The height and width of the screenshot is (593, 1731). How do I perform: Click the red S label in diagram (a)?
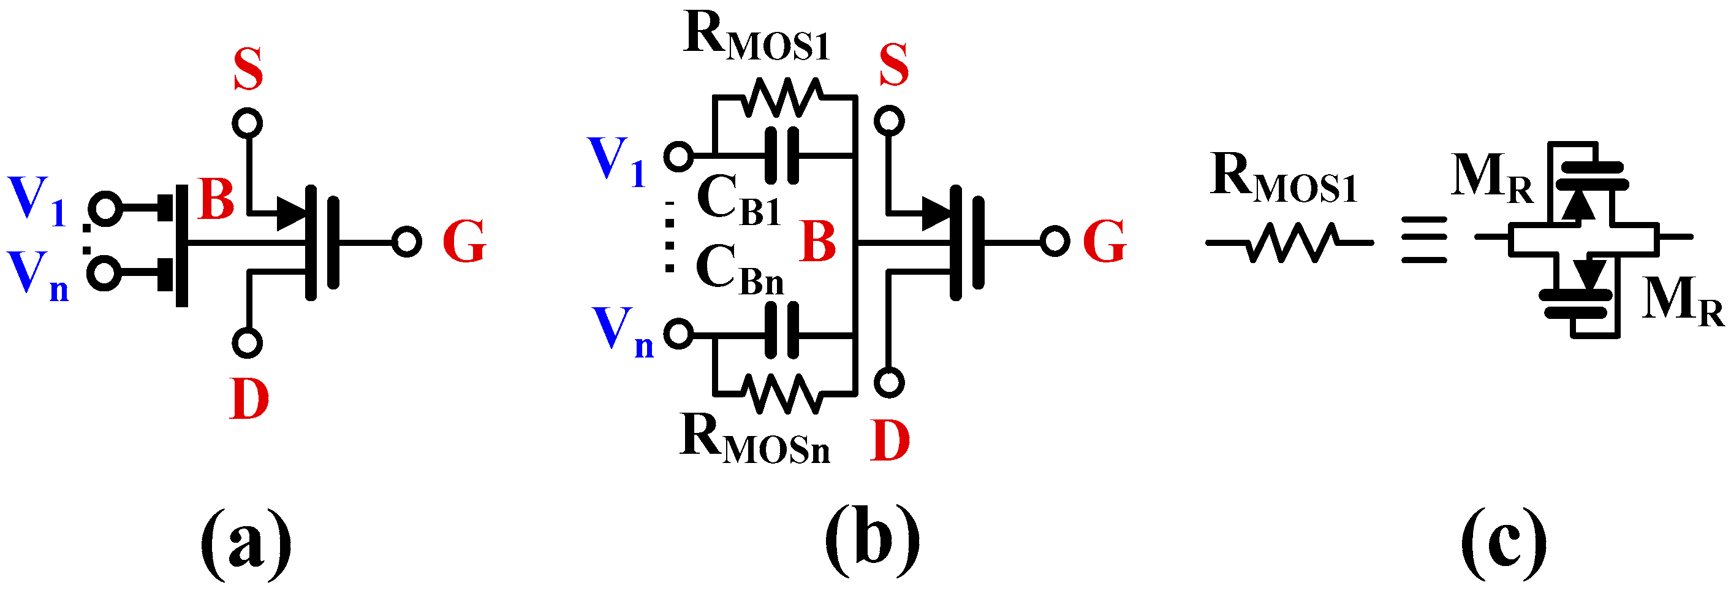pos(248,70)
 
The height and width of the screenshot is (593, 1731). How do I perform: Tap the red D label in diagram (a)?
pos(249,399)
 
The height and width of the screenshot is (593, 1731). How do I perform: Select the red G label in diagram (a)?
pos(464,242)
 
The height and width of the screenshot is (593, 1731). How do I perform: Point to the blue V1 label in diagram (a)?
pos(37,200)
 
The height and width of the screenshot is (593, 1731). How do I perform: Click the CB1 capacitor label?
pos(738,200)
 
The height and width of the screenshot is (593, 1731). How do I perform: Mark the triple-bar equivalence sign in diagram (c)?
pos(1423,240)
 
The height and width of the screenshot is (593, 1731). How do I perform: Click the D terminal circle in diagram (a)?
pos(246,343)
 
